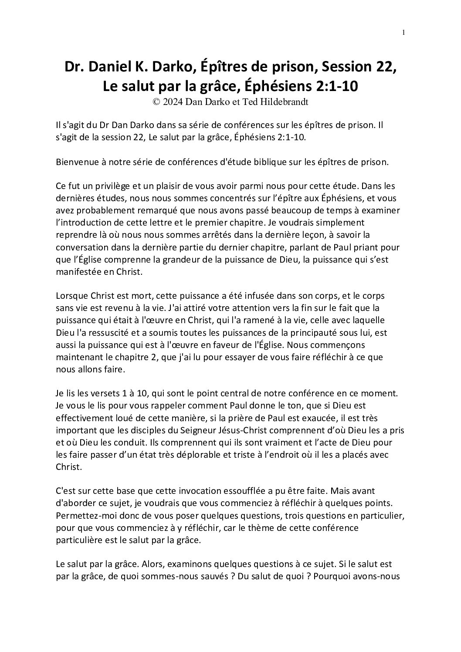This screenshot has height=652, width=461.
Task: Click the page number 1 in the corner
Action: tap(404, 32)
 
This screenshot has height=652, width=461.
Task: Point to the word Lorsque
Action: tap(71, 295)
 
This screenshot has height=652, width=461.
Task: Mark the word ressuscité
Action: tap(102, 332)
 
